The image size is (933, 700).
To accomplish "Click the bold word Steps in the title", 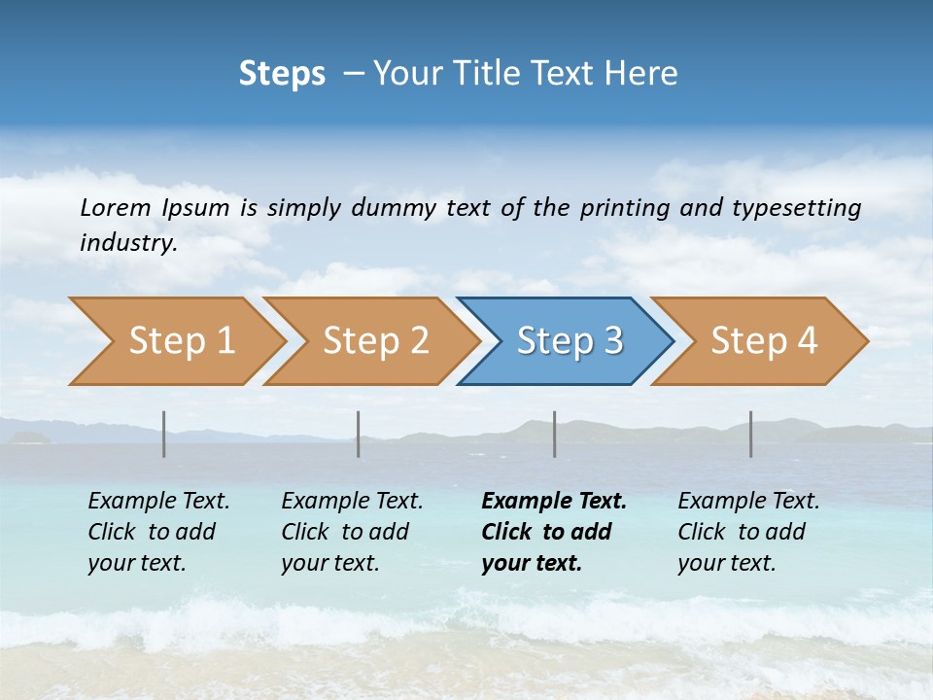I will click(282, 74).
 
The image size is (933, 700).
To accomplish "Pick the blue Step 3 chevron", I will click(570, 341).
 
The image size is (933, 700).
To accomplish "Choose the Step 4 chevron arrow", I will click(764, 341).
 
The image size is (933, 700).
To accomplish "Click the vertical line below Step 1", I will click(164, 434).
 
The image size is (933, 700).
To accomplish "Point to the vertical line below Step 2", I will click(359, 434).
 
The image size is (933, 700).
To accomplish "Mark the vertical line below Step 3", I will click(555, 434).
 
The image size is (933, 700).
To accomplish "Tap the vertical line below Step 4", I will click(751, 434).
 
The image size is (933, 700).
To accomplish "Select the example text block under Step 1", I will click(158, 532).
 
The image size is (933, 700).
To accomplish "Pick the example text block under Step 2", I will click(352, 532).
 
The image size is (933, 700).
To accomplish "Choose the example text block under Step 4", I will click(748, 532).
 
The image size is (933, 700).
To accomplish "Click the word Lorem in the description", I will click(116, 207).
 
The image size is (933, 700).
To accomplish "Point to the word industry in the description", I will click(128, 243).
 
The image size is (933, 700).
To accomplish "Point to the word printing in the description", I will click(625, 208).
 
